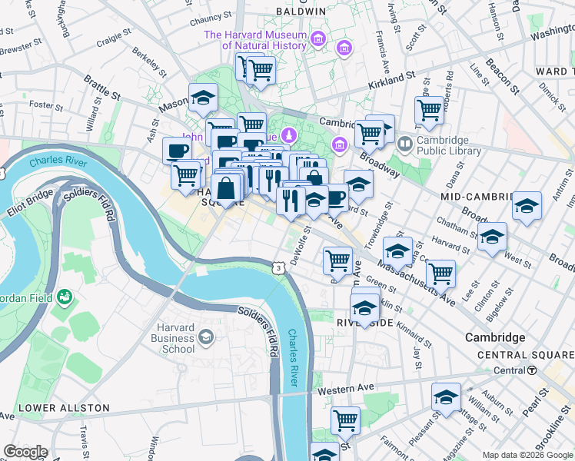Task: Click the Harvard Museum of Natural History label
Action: pos(254,40)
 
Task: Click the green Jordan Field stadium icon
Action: pos(66,295)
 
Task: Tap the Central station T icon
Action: pos(532,370)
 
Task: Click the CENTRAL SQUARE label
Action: pos(524,355)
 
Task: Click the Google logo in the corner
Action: pos(25,452)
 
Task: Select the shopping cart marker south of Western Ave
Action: pos(345,420)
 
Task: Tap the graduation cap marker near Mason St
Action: pos(203,98)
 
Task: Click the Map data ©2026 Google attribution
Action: pos(527,455)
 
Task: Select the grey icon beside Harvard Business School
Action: pos(206,337)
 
